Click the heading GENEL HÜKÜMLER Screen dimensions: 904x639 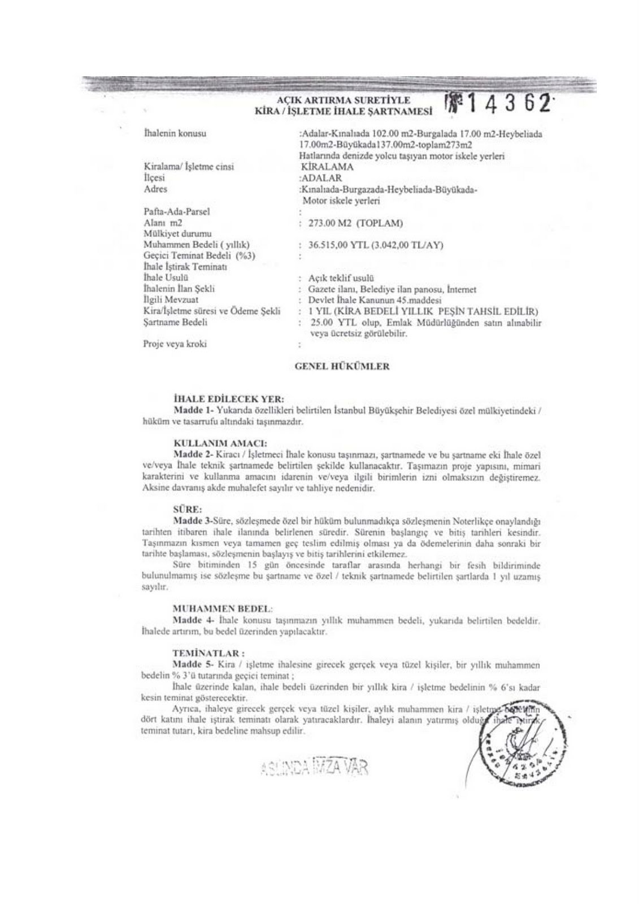(342, 366)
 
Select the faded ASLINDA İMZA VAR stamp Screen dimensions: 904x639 (314, 767)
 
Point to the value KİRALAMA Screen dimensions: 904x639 (328, 167)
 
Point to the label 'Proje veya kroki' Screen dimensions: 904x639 (175, 344)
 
